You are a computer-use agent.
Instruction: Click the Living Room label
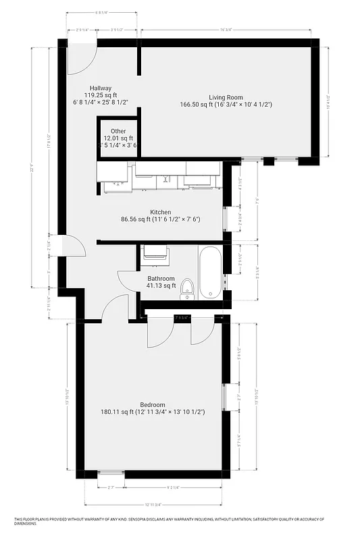[x=226, y=97]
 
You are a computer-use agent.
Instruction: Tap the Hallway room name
[x=97, y=88]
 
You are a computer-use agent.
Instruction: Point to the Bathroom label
[x=161, y=278]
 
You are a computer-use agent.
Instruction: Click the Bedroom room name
[x=153, y=404]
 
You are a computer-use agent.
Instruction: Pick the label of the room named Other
[x=118, y=131]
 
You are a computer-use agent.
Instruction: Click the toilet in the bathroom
[x=188, y=289]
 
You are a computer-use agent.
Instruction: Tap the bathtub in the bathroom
[x=211, y=271]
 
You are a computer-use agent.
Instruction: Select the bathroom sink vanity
[x=155, y=252]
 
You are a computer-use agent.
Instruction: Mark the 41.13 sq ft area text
[x=161, y=286]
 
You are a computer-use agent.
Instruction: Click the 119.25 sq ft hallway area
[x=97, y=95]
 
